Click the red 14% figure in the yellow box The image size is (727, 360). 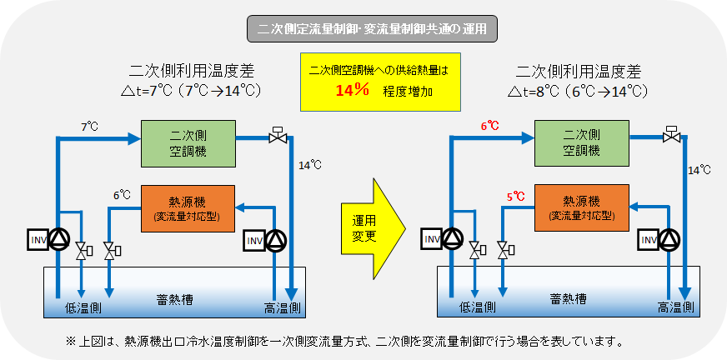[x=353, y=90]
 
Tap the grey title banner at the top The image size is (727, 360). [x=373, y=28]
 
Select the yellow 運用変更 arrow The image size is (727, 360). [x=374, y=230]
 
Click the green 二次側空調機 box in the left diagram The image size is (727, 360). [x=188, y=143]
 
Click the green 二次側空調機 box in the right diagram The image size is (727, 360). [x=581, y=143]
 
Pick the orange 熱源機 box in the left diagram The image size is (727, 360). [x=188, y=208]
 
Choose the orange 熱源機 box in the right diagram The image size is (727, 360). [x=581, y=208]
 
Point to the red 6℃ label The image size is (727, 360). [x=489, y=126]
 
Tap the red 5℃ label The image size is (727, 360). [x=515, y=197]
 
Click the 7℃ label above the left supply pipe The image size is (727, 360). [x=90, y=127]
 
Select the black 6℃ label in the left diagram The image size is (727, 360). [x=122, y=195]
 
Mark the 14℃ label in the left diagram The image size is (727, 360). [x=311, y=164]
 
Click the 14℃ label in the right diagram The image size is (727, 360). [x=699, y=170]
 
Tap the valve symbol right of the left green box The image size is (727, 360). [x=278, y=135]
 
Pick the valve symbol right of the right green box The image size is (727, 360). [x=671, y=134]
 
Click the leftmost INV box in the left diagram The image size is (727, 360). [x=37, y=239]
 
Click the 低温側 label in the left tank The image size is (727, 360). [x=83, y=307]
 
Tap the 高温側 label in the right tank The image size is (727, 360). [x=676, y=307]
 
